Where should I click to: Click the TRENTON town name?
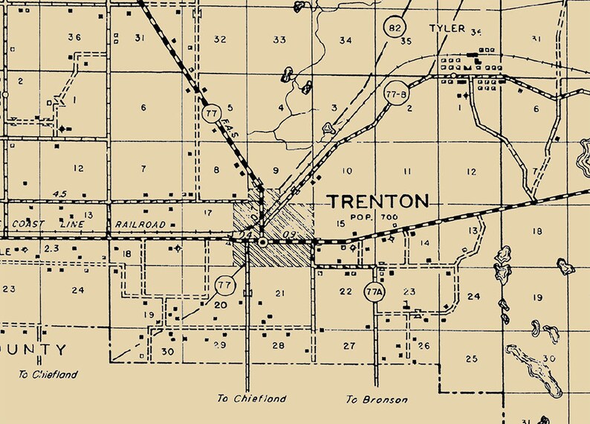(378, 202)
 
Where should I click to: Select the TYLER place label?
(447, 29)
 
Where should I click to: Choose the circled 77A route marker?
(374, 292)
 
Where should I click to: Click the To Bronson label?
(376, 399)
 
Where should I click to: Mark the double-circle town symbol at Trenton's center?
(262, 242)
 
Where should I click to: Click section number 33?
(279, 39)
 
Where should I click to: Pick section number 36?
(74, 37)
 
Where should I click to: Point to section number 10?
(346, 171)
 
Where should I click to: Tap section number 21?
(279, 294)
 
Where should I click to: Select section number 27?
(349, 345)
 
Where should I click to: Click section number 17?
(208, 213)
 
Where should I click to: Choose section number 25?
(470, 359)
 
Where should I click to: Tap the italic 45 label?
(59, 195)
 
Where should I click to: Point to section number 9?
(276, 171)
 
